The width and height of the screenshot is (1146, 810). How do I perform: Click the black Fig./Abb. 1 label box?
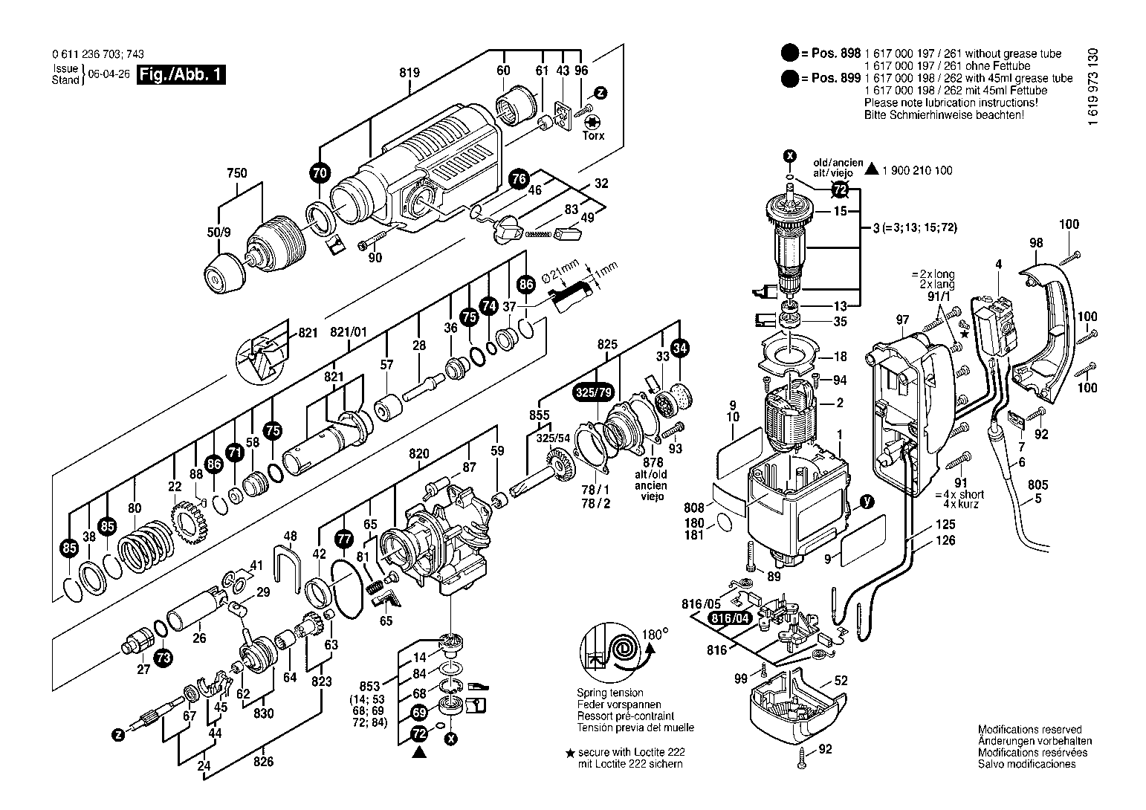pyautogui.click(x=181, y=75)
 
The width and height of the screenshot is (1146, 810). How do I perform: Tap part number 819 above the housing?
pyautogui.click(x=409, y=73)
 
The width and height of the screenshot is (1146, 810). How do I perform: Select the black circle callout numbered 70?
pyautogui.click(x=320, y=173)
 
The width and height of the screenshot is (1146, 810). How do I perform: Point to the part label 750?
pyautogui.click(x=237, y=173)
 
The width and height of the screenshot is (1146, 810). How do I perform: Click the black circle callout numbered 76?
pyautogui.click(x=519, y=178)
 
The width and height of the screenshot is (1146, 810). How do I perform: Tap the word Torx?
pyautogui.click(x=593, y=135)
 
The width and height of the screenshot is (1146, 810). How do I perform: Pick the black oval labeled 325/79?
pyautogui.click(x=594, y=392)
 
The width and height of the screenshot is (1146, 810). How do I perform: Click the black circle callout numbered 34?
pyautogui.click(x=679, y=349)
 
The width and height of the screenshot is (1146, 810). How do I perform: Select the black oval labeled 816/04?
pyautogui.click(x=730, y=618)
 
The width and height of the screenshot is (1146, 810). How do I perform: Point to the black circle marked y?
pyautogui.click(x=866, y=502)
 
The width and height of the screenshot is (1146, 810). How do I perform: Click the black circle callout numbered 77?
pyautogui.click(x=344, y=539)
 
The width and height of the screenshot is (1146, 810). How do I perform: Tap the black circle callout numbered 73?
pyautogui.click(x=164, y=658)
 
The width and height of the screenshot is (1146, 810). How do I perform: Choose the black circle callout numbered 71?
pyautogui.click(x=235, y=453)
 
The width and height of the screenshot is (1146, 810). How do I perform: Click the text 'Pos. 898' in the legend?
pyautogui.click(x=836, y=54)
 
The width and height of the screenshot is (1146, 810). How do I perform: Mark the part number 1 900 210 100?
pyautogui.click(x=917, y=170)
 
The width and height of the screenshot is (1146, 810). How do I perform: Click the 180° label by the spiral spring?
pyautogui.click(x=655, y=635)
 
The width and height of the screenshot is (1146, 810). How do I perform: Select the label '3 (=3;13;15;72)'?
pyautogui.click(x=915, y=227)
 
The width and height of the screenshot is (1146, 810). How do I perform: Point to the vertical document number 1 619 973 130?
pyautogui.click(x=1093, y=86)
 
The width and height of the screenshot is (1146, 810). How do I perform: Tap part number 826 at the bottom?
pyautogui.click(x=263, y=762)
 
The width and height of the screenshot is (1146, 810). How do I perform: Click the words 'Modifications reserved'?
pyautogui.click(x=1030, y=730)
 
